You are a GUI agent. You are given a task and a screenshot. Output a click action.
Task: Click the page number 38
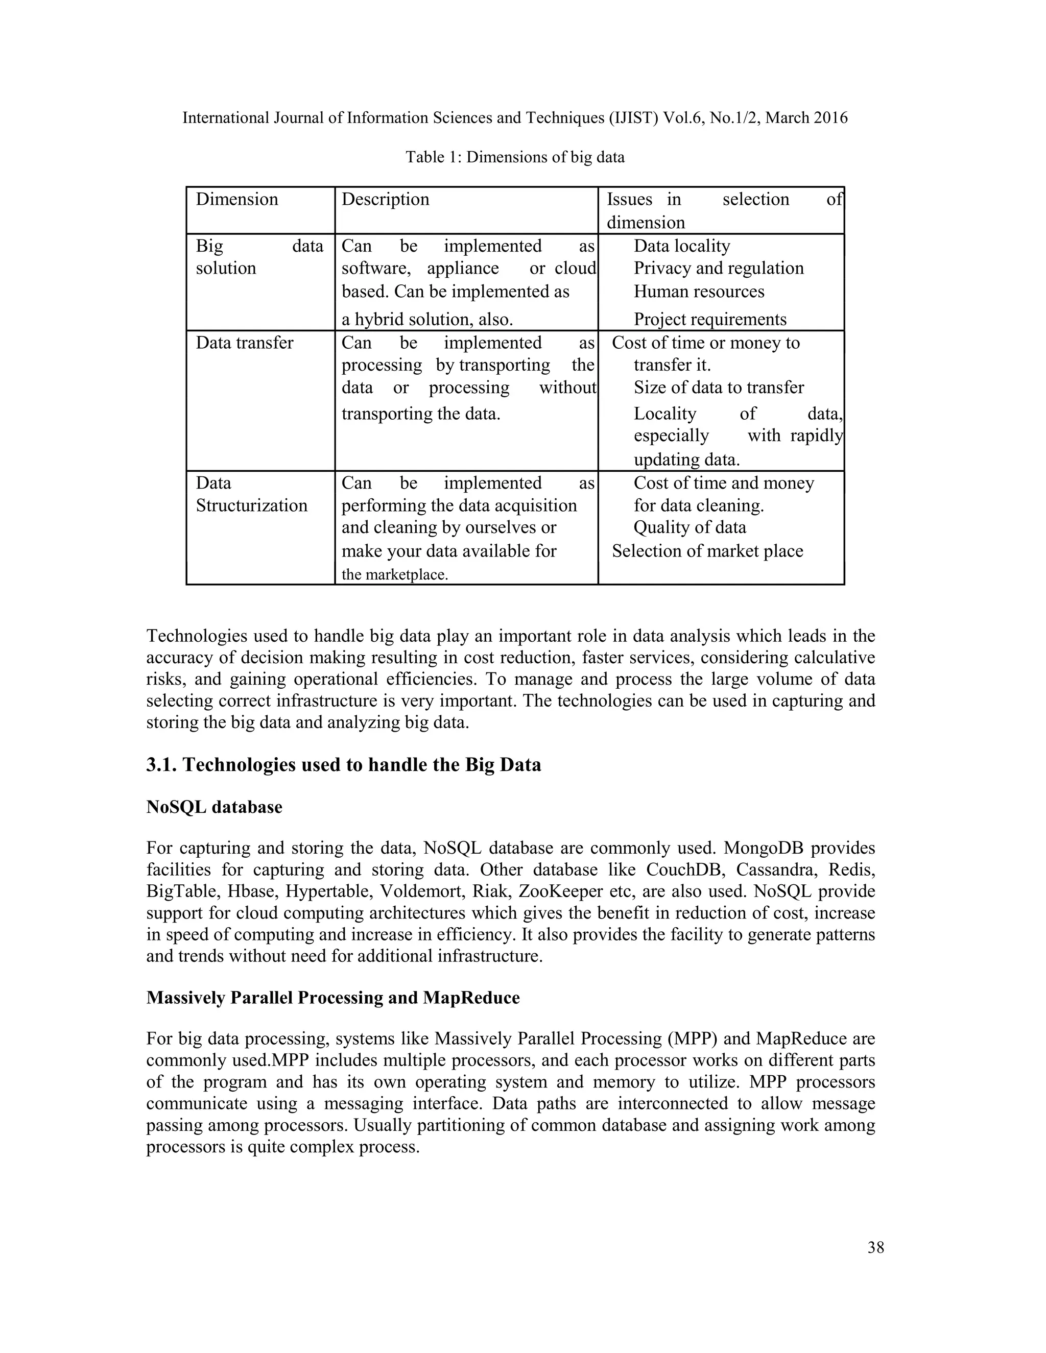[875, 1247]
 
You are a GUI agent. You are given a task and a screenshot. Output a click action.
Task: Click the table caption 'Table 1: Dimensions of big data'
[515, 157]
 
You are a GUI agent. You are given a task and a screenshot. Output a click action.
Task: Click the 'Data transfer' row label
[244, 343]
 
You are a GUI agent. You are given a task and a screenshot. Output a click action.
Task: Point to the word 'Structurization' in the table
[252, 505]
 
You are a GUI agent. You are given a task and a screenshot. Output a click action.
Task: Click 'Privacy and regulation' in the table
[718, 268]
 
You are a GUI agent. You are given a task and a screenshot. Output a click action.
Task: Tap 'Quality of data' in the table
[690, 527]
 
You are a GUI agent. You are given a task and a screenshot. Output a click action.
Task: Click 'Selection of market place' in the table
[707, 551]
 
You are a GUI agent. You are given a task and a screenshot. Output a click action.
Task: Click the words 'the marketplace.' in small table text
[394, 575]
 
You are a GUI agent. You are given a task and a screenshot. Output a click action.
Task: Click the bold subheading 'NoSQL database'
[214, 807]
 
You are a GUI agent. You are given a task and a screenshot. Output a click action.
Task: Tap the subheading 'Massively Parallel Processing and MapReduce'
[333, 998]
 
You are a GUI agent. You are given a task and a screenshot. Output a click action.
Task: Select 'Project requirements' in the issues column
[709, 320]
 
